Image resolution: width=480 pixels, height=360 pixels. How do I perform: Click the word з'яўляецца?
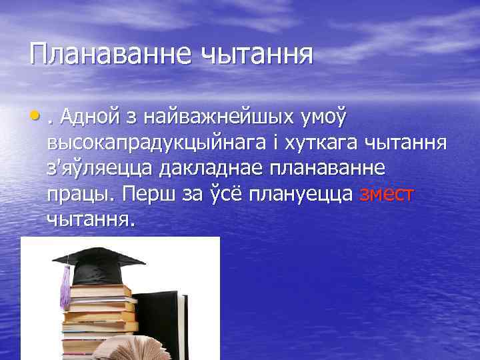100,169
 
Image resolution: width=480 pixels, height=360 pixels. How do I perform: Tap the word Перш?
153,194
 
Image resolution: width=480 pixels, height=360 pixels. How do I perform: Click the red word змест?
387,194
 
